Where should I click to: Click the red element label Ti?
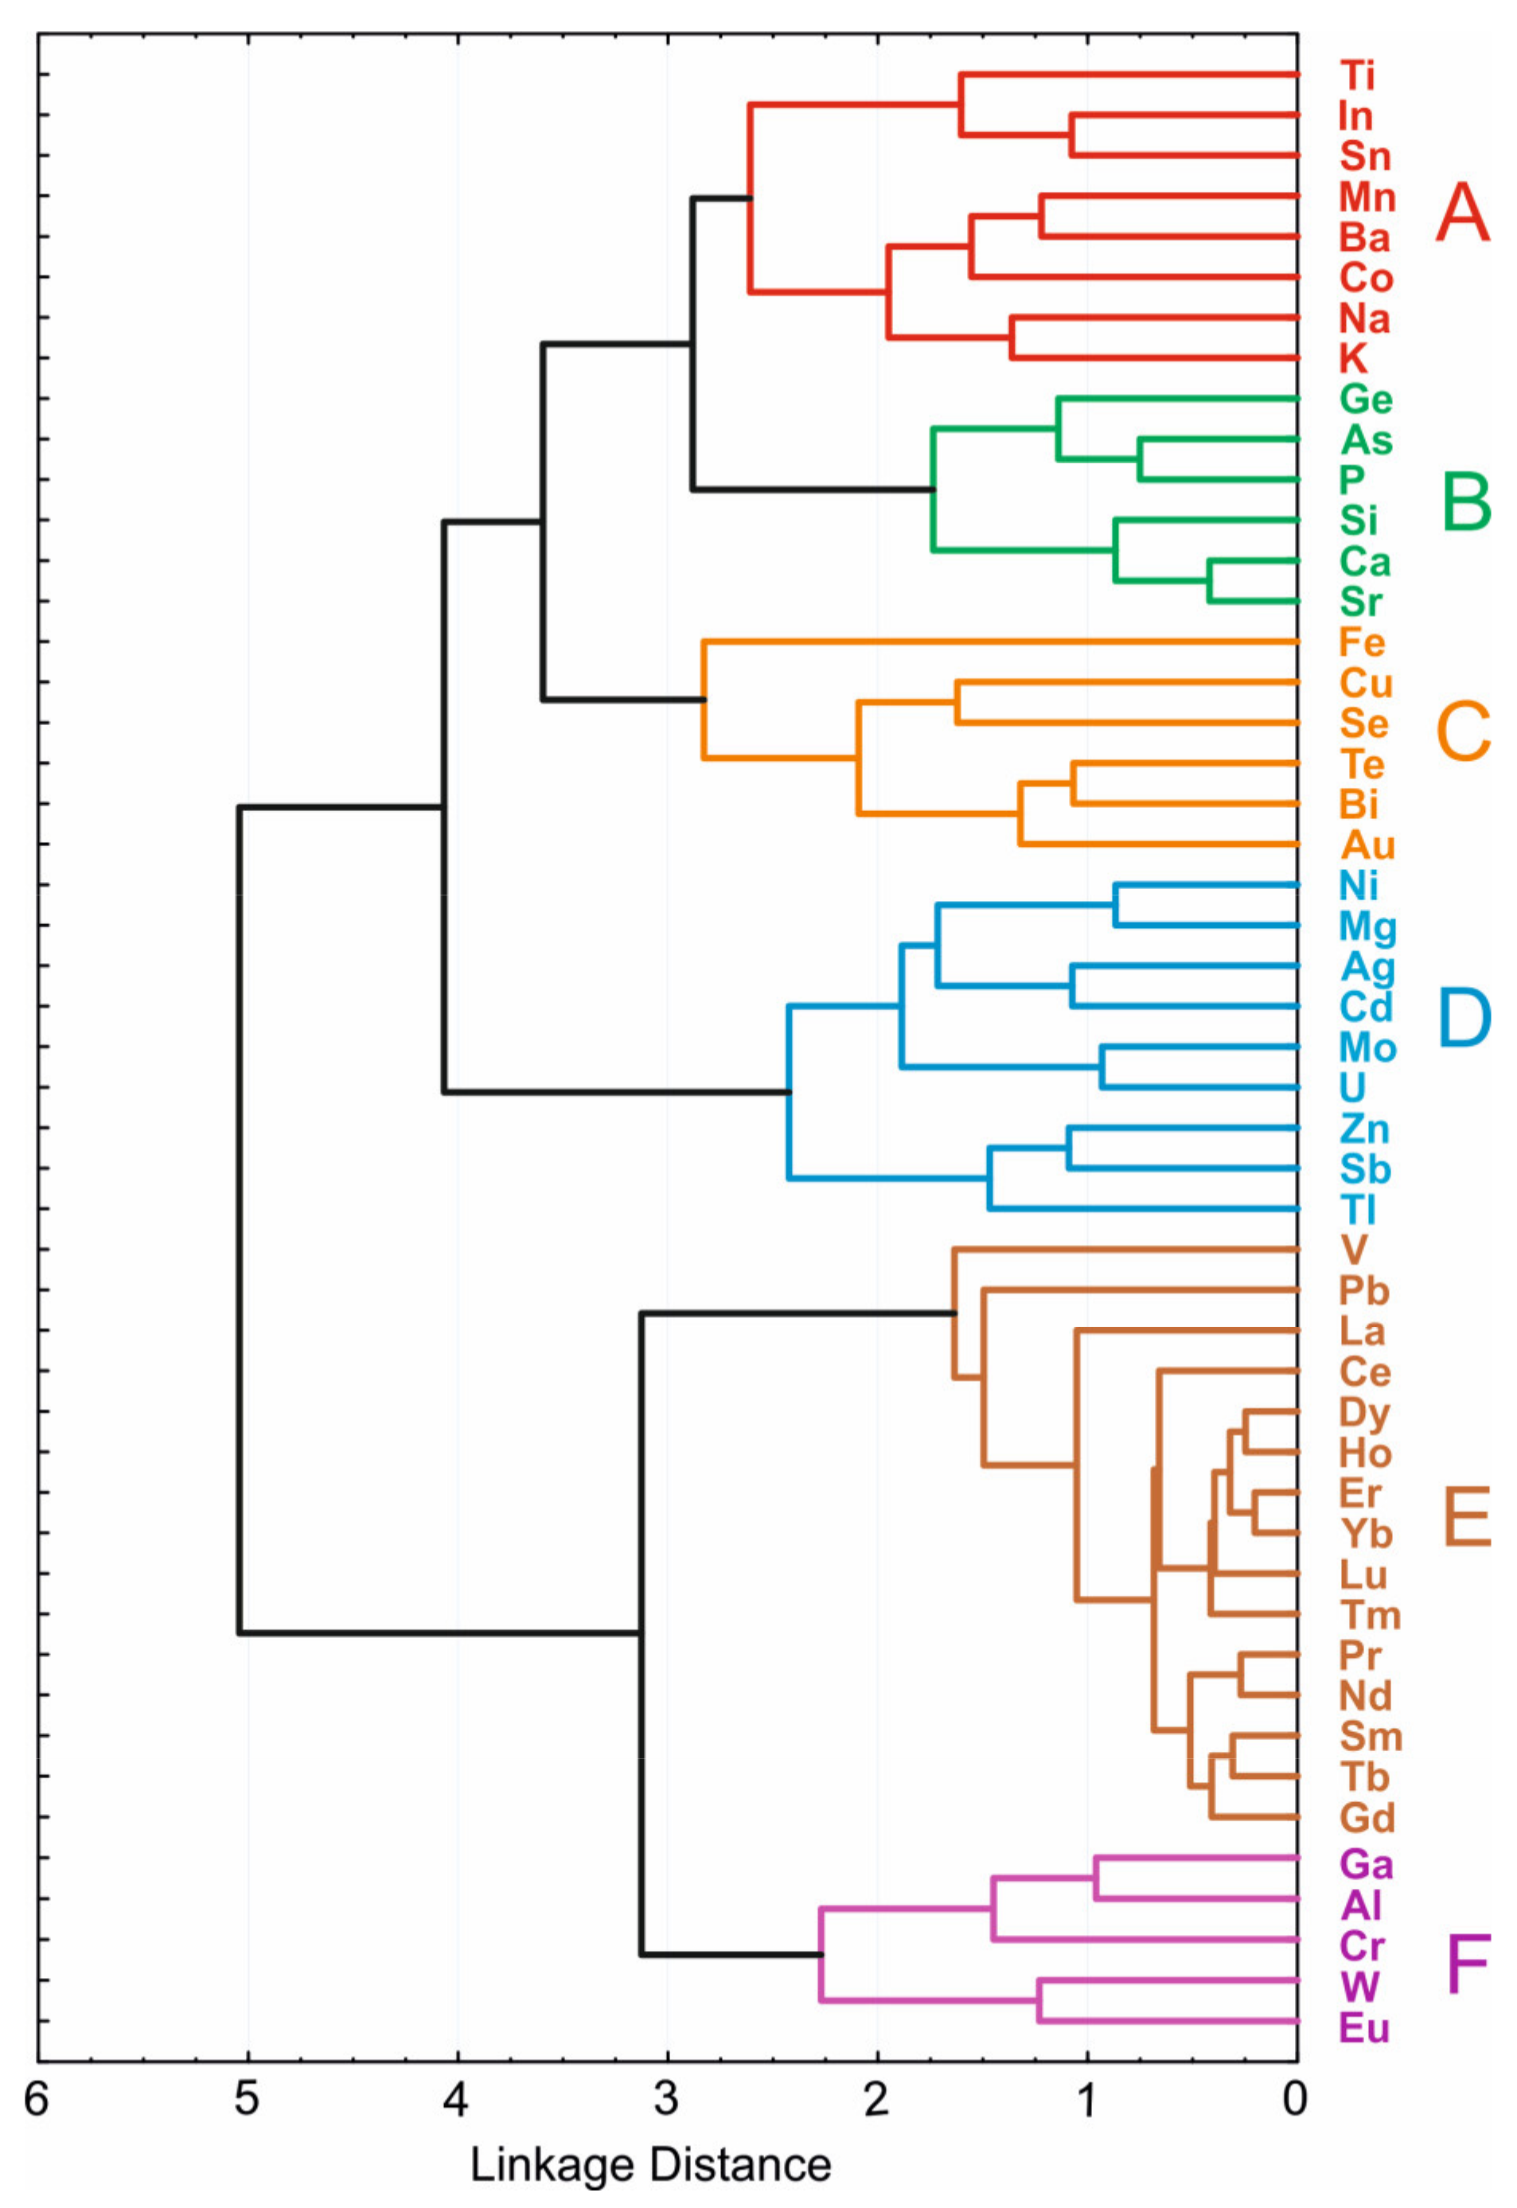pos(1357,75)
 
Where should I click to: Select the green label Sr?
pos(1360,602)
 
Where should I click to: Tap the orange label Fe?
pos(1362,642)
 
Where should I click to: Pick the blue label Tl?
pos(1357,1209)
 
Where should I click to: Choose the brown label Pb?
pos(1364,1291)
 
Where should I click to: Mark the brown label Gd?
pos(1367,1817)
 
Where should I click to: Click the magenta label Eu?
pos(1364,2028)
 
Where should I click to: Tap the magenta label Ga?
pos(1366,1865)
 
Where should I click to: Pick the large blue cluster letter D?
pos(1464,1017)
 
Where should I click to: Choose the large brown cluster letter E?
pos(1467,1516)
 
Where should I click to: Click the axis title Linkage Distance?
pos(651,2164)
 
